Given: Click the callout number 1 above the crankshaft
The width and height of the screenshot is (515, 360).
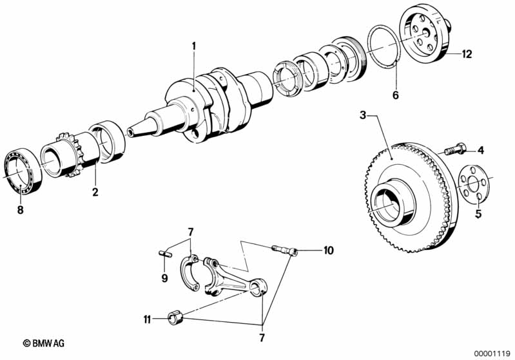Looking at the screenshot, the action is pos(194,46).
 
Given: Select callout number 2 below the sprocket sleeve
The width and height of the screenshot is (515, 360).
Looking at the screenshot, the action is pos(95,192).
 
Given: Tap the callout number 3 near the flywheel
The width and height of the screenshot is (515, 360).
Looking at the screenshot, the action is pos(363,115).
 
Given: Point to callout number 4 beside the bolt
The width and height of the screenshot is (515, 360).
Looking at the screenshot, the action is pos(481,151).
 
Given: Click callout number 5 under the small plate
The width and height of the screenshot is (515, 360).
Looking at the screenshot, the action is pos(478,214).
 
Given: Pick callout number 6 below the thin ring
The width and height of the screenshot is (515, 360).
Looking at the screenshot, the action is pos(396,95).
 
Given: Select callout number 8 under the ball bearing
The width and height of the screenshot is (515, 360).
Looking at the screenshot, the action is pos(21,210).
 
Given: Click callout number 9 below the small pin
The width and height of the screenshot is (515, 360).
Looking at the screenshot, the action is pos(164,278).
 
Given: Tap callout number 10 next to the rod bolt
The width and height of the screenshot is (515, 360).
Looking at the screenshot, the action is pos(328,251).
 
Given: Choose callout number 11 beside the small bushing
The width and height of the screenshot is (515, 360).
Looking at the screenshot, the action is pos(147,319).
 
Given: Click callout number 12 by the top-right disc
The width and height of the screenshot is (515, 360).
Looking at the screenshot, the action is pos(467,54).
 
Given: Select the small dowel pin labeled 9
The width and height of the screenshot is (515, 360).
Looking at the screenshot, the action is pos(163,253).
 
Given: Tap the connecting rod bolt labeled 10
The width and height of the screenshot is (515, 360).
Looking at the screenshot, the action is pos(285,251).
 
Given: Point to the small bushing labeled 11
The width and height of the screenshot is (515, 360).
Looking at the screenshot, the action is pos(176,317).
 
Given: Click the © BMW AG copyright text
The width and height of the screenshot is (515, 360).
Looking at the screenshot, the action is pos(43,343).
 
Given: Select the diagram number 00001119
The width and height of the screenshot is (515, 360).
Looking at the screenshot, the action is pos(492,354).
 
